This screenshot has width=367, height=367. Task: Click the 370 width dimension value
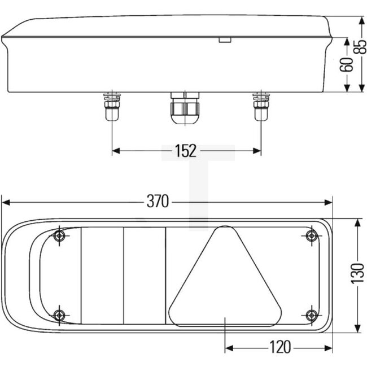(x=158, y=202)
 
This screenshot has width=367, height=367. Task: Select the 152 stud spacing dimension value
(x=185, y=151)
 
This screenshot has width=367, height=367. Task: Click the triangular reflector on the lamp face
(x=225, y=282)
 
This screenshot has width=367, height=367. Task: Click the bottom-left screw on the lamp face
(x=59, y=314)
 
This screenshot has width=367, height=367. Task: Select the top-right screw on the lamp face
(x=311, y=236)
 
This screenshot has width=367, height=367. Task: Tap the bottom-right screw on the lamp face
(x=311, y=314)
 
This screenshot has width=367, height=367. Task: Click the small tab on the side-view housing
(x=225, y=40)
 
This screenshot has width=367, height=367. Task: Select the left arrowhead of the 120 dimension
(x=229, y=347)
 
